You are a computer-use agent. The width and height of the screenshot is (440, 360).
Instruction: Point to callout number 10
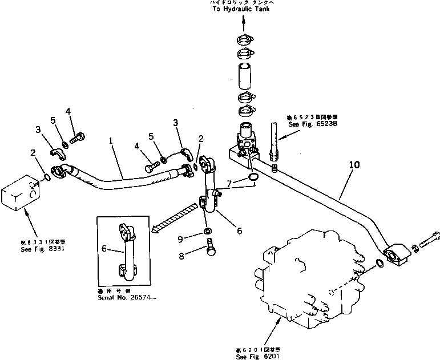tap(354, 165)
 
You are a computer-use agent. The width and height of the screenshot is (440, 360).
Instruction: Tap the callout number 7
tap(229, 184)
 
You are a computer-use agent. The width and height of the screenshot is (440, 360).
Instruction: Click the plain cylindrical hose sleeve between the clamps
tap(244, 75)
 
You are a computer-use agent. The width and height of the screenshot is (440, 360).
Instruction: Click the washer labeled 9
tap(208, 231)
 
